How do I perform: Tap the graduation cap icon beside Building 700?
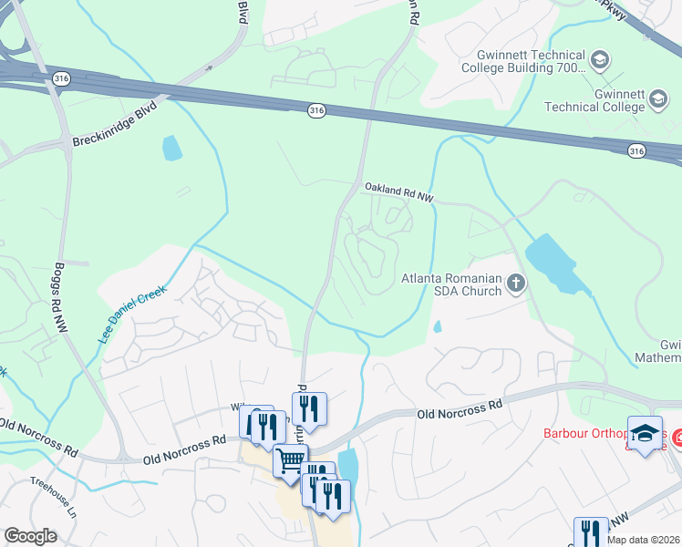(600, 61)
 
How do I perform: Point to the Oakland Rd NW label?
(398, 189)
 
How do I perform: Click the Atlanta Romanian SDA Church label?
(452, 284)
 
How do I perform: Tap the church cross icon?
(516, 284)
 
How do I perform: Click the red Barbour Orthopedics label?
(594, 434)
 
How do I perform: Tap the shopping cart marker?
(290, 461)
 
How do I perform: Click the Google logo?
(30, 536)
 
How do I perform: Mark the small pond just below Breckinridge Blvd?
(170, 147)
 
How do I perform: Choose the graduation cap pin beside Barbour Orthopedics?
(645, 434)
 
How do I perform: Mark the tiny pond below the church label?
(438, 325)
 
